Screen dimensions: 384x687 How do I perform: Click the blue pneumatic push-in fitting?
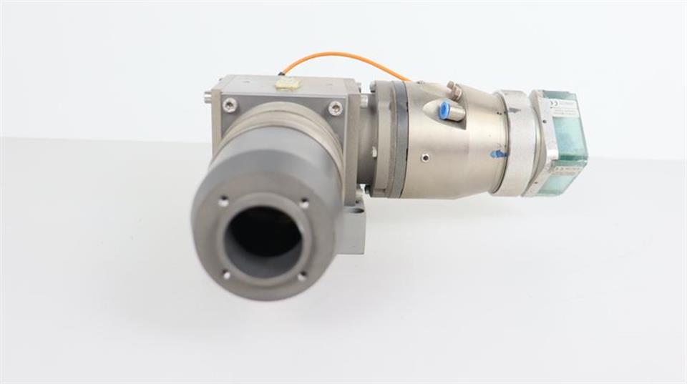click(x=444, y=111)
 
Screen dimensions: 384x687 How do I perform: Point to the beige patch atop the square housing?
click(x=287, y=84)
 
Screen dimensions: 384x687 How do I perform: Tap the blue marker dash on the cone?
click(x=497, y=153)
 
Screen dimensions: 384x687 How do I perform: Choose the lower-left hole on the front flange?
click(x=226, y=273)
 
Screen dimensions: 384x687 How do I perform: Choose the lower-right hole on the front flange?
click(x=301, y=275)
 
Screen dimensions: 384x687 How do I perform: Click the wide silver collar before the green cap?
click(x=514, y=143)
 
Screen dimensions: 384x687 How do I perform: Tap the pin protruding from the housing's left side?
click(x=208, y=97)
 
